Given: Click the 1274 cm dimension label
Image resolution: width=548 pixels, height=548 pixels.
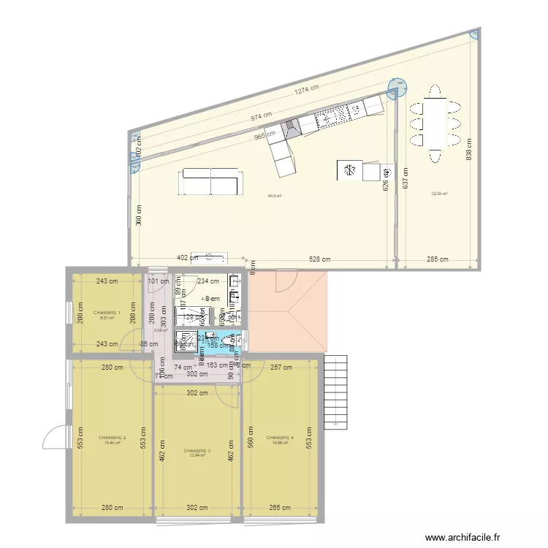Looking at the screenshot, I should [x=307, y=90].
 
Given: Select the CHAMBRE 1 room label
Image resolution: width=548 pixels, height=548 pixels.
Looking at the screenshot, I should [x=107, y=313].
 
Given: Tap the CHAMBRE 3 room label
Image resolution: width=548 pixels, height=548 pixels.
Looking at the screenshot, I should [x=197, y=451].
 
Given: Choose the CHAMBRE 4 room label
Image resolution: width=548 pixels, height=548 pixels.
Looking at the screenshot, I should [x=280, y=438].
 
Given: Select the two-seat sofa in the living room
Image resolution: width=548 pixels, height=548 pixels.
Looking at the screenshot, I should [x=211, y=181].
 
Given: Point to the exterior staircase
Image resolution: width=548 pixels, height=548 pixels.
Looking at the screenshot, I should [x=337, y=392].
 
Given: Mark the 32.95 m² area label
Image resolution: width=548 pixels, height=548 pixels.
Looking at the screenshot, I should [x=439, y=194].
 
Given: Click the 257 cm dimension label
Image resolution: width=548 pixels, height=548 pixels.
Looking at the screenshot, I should [x=281, y=368].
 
